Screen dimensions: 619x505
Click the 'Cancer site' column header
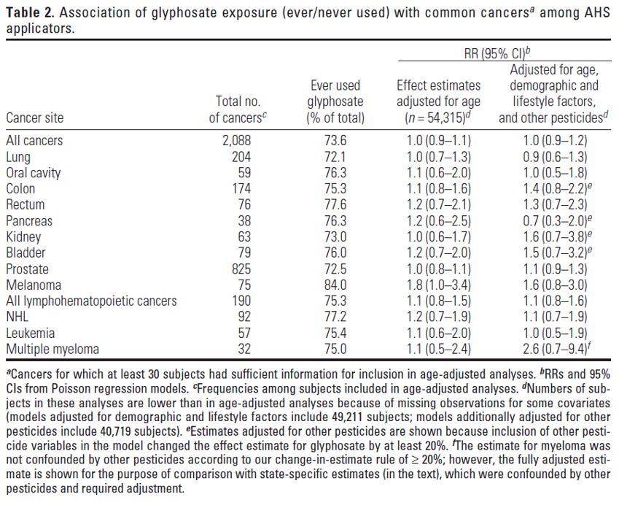(x=35, y=117)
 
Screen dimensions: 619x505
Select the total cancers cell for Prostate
(x=241, y=269)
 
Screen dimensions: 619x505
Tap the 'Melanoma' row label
(x=34, y=285)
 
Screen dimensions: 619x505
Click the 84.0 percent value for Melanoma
(x=335, y=285)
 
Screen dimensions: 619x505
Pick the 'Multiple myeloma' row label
(x=52, y=349)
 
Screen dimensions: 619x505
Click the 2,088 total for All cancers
(x=236, y=141)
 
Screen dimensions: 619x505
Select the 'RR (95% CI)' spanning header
(x=497, y=53)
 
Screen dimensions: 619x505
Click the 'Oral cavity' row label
(x=33, y=173)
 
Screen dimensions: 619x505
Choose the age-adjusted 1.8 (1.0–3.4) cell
(x=439, y=285)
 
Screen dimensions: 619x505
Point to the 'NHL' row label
(x=17, y=317)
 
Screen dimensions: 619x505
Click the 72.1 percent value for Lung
(x=335, y=157)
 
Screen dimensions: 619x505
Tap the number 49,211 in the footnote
(x=345, y=417)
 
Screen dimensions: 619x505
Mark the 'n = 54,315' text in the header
(x=436, y=117)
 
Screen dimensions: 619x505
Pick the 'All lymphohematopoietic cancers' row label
(x=91, y=301)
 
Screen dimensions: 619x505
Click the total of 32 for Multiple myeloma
(x=244, y=349)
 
